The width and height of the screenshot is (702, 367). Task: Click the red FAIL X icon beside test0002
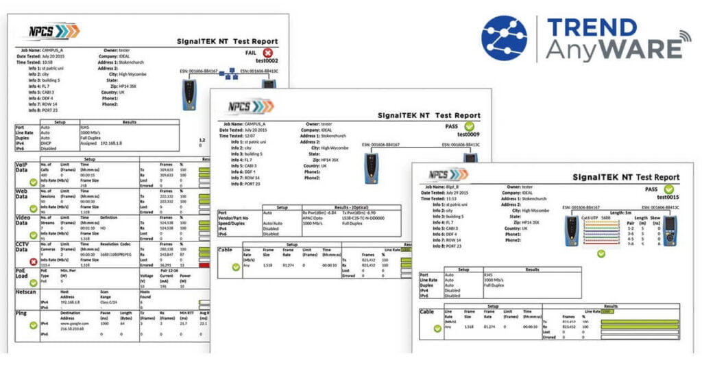(x=267, y=52)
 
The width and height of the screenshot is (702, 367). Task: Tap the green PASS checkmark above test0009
(x=469, y=126)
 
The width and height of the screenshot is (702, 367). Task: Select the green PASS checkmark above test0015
(x=668, y=189)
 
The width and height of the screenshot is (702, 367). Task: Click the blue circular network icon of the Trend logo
(x=505, y=38)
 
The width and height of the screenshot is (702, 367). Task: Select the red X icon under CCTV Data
(x=33, y=261)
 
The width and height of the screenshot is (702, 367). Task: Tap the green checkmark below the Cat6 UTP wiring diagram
(x=601, y=253)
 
